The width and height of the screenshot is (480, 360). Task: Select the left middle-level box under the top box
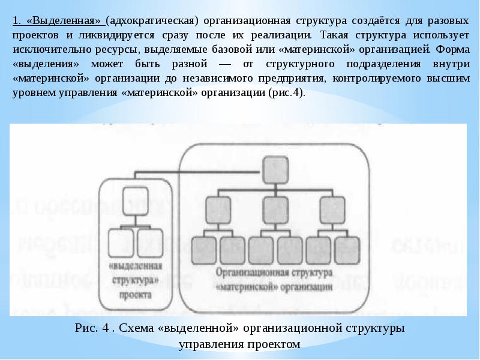(218, 208)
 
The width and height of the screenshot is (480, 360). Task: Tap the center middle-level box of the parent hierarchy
(274, 208)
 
